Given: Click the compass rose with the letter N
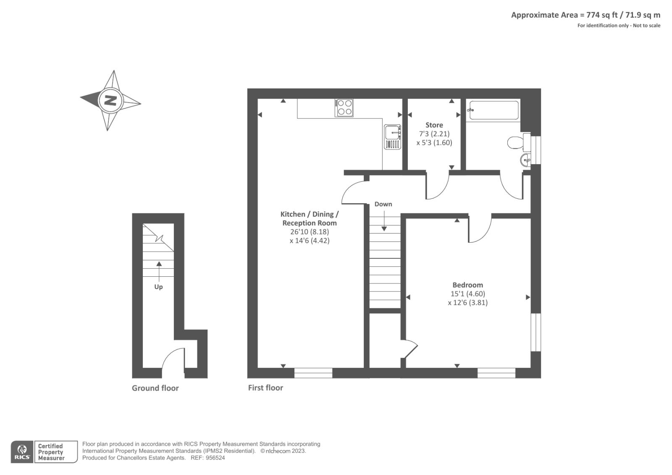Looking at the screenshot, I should click(x=110, y=100).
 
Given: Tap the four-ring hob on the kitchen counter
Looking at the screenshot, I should click(x=344, y=108).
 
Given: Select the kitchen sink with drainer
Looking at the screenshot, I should click(x=392, y=137).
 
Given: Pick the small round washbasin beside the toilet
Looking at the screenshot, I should click(x=525, y=160).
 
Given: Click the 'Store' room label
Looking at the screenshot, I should click(x=434, y=125).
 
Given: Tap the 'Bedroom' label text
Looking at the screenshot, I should click(x=467, y=285).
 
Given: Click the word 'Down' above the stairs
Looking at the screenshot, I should click(x=383, y=204).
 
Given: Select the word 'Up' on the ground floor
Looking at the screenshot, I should click(x=158, y=287).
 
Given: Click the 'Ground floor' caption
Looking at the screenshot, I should click(x=155, y=388).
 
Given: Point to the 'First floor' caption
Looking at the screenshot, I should click(x=265, y=388).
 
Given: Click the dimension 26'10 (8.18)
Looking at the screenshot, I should click(x=309, y=232).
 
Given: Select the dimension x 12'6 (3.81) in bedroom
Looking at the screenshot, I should click(x=467, y=302).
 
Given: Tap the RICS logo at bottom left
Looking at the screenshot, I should click(x=22, y=452).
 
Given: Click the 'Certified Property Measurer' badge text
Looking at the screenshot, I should click(x=51, y=452).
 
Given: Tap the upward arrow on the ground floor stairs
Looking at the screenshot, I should click(x=159, y=269).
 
